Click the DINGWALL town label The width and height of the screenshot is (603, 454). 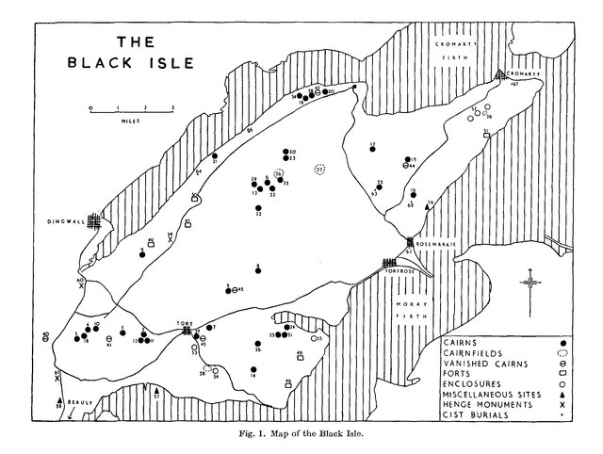pyautogui.click(x=65, y=222)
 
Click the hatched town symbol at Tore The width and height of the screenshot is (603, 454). pyautogui.click(x=187, y=330)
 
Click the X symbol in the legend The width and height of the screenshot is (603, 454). pyautogui.click(x=562, y=403)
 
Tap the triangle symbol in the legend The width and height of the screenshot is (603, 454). pyautogui.click(x=562, y=391)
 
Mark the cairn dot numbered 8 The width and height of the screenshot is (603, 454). pyautogui.click(x=257, y=271)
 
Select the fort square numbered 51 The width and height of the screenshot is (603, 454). pyautogui.click(x=486, y=136)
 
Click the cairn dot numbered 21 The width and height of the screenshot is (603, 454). pyautogui.click(x=215, y=155)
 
